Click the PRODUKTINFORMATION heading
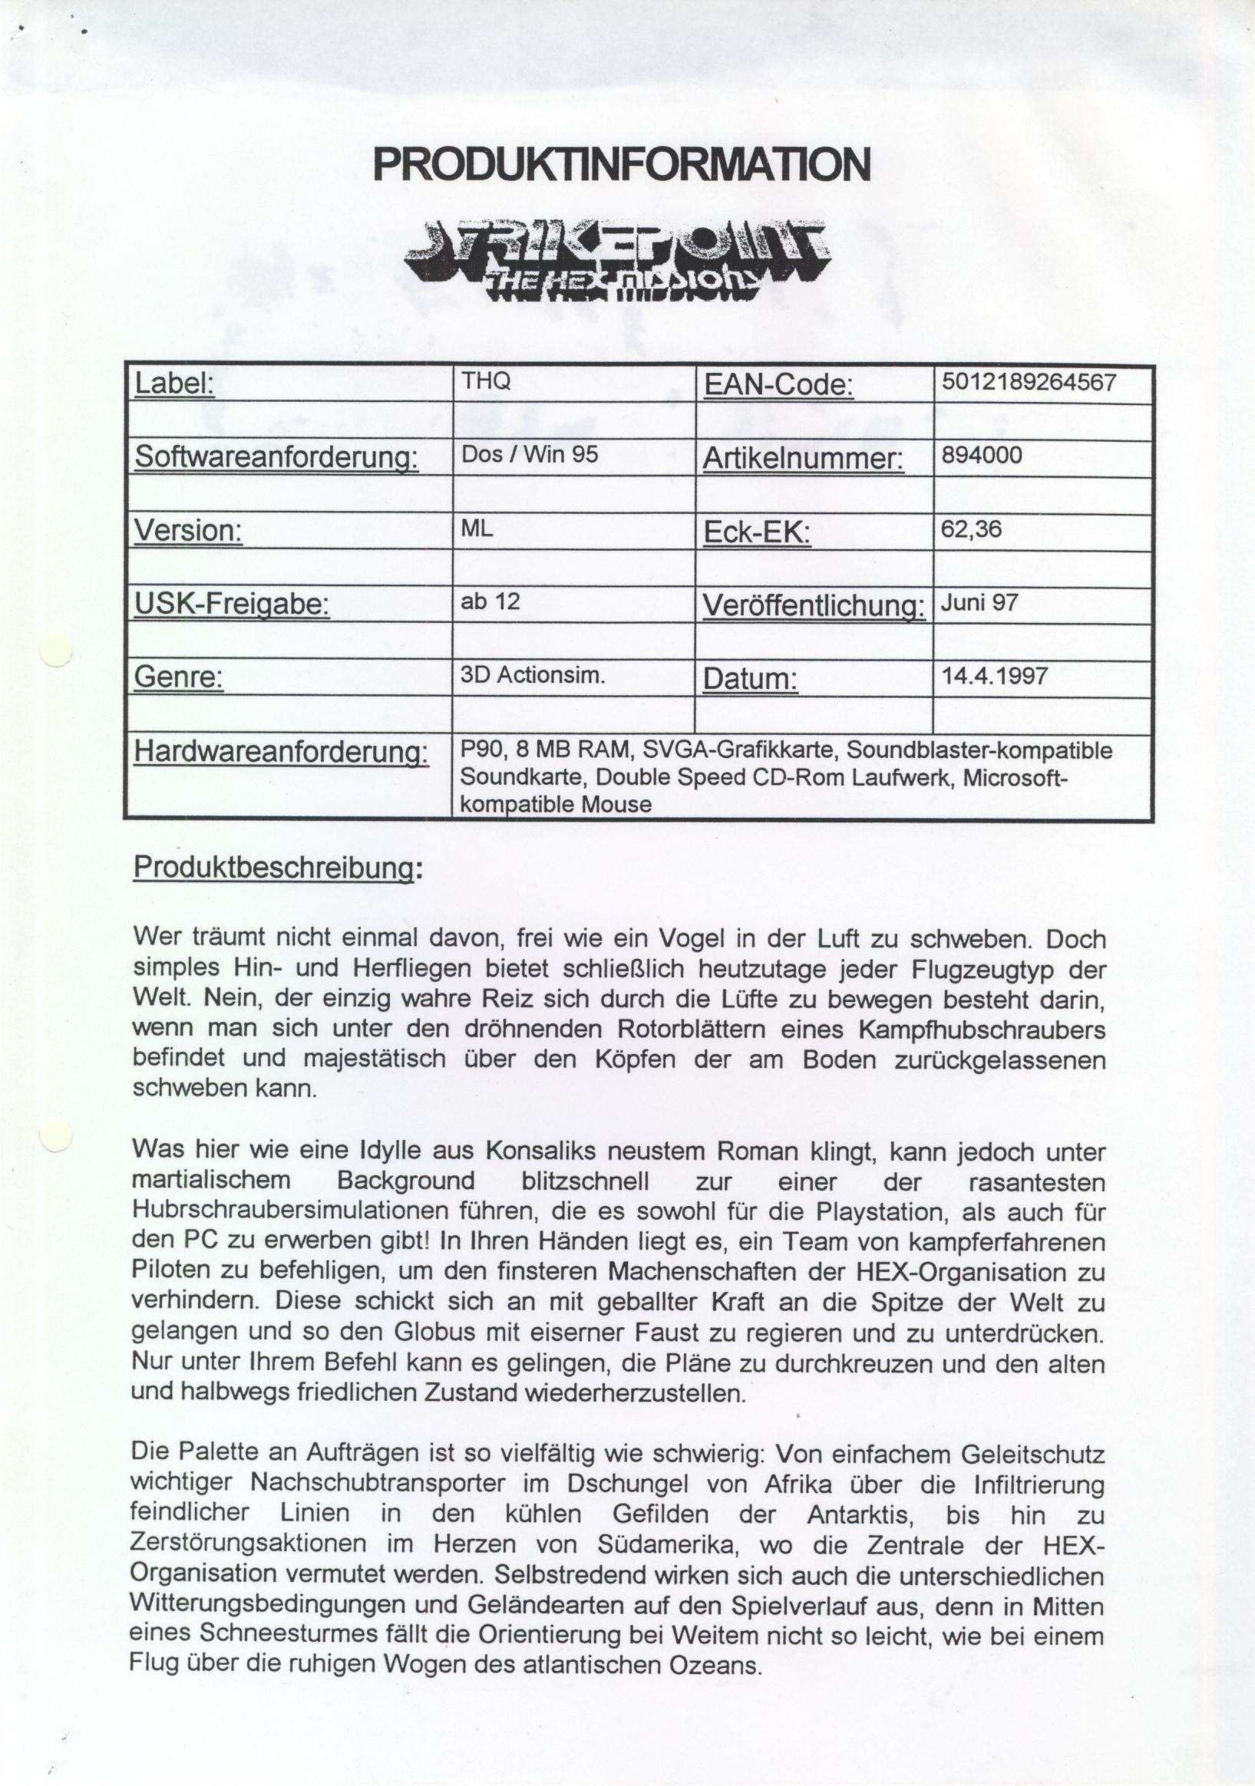click(621, 164)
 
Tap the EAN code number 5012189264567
click(1029, 382)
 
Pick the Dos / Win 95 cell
click(530, 454)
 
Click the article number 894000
click(982, 455)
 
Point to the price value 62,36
click(971, 529)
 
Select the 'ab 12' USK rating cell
click(490, 601)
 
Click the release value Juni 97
click(979, 603)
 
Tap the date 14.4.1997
click(994, 675)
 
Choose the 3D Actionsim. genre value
click(533, 675)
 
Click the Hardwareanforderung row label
click(281, 752)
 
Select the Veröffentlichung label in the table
click(814, 606)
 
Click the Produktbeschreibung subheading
click(277, 868)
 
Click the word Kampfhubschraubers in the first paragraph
click(981, 1030)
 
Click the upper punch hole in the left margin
click(56, 651)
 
